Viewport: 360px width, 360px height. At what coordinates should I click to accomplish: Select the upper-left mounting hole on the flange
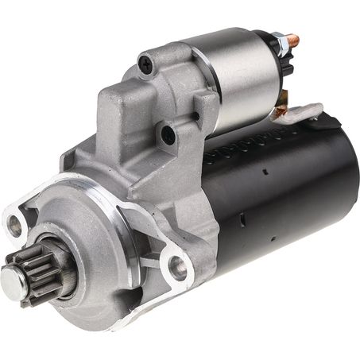pos(14,226)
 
